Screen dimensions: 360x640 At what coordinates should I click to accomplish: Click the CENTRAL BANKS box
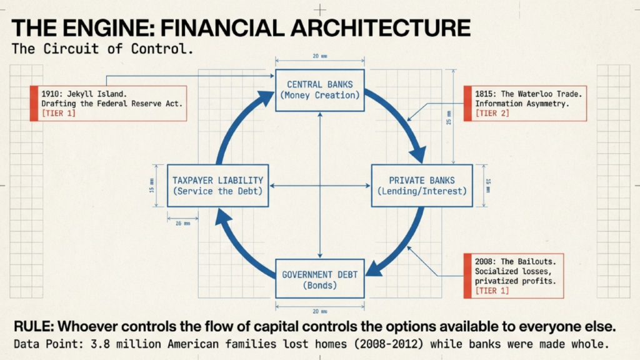click(x=319, y=90)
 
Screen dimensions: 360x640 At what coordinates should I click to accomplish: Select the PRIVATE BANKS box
click(x=422, y=186)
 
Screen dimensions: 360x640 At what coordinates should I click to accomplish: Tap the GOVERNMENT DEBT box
click(x=319, y=280)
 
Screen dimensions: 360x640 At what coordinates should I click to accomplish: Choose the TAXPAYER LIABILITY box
click(x=218, y=186)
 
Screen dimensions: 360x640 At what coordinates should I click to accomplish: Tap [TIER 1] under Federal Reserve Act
click(x=61, y=113)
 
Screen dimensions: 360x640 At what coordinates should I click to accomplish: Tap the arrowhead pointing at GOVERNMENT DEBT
click(x=375, y=268)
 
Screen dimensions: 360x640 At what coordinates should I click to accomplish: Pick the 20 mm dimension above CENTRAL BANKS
click(x=319, y=56)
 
